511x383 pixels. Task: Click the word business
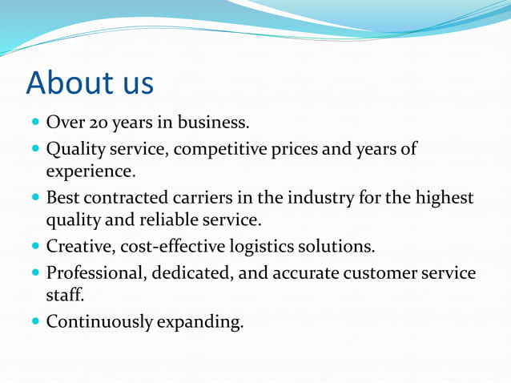[215, 123]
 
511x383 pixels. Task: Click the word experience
[91, 171]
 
